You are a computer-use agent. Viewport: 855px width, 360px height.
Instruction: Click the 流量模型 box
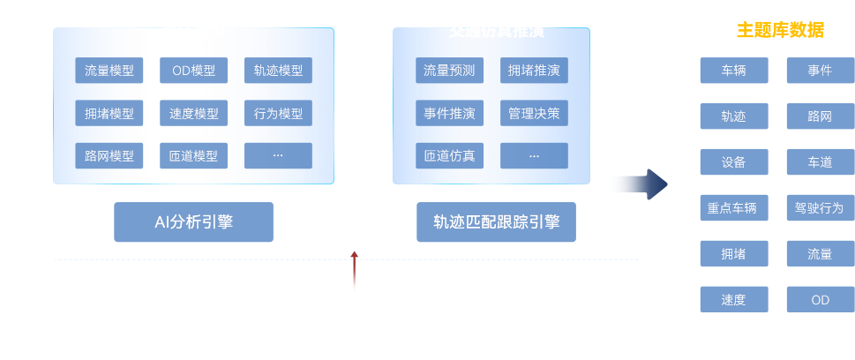click(x=109, y=71)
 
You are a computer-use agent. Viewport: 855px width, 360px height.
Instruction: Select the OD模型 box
click(x=193, y=71)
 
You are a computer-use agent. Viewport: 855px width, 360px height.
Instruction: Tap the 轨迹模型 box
click(x=278, y=71)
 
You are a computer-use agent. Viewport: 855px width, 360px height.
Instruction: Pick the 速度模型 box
click(x=193, y=114)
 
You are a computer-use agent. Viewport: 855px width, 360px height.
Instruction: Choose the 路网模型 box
click(x=109, y=156)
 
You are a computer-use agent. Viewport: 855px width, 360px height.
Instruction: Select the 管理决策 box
click(x=534, y=114)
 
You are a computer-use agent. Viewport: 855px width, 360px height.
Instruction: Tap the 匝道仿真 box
click(x=449, y=156)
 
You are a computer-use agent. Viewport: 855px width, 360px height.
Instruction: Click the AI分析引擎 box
click(x=193, y=222)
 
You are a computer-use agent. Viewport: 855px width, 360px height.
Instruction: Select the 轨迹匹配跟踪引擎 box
click(x=496, y=222)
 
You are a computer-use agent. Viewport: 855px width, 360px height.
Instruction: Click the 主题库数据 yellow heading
click(x=780, y=30)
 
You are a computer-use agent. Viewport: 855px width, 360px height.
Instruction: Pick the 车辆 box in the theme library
click(x=733, y=71)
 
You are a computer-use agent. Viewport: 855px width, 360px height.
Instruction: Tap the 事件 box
click(x=820, y=71)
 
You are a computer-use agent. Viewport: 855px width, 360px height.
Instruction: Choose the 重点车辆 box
click(x=733, y=208)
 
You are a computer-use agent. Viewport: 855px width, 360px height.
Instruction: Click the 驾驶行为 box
click(x=820, y=208)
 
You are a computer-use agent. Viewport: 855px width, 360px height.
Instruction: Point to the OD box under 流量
click(x=820, y=300)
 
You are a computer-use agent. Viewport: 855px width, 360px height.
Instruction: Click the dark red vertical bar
click(x=355, y=274)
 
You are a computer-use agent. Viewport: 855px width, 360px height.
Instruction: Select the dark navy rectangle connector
click(x=625, y=184)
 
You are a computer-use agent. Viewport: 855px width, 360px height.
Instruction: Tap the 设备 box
click(x=733, y=162)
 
